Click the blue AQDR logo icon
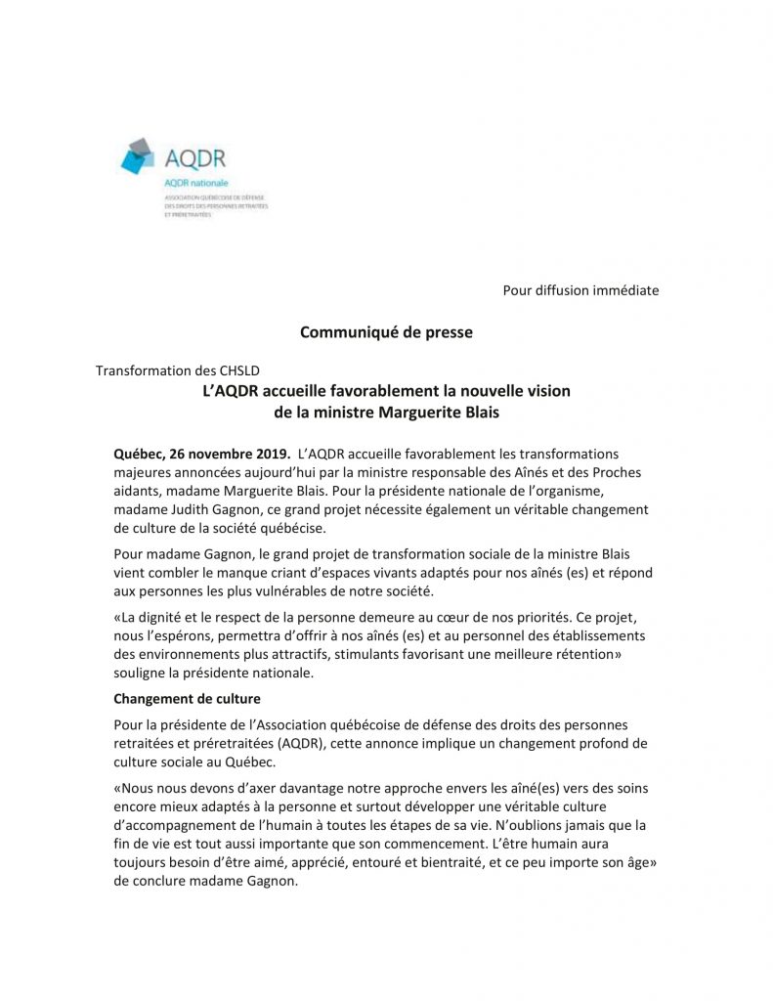[x=139, y=157]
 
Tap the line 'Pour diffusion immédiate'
[x=580, y=289]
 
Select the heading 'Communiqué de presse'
[x=386, y=332]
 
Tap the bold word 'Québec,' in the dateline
[x=139, y=454]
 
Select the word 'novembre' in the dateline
[x=220, y=454]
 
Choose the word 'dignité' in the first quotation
[x=162, y=620]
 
